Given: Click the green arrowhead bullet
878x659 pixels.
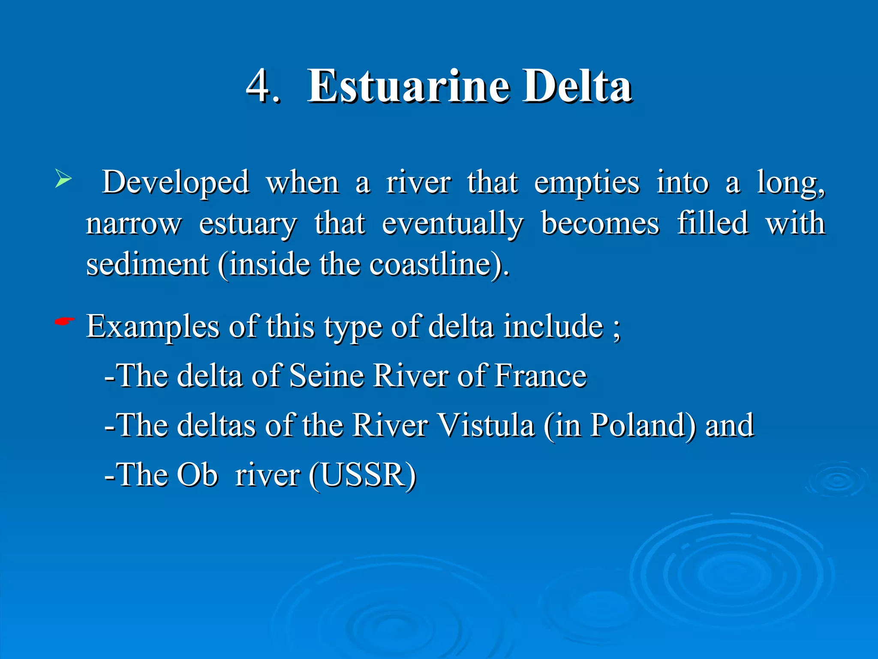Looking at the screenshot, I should point(63,179).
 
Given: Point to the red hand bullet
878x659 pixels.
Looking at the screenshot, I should point(64,321).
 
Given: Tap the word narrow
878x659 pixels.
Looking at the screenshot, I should point(134,224).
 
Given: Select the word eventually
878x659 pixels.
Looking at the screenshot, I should point(452,224).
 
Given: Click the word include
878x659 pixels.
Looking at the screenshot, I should point(553,326).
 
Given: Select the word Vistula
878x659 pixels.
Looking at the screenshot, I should point(487,425).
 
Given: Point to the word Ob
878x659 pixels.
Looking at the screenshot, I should point(197,475).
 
